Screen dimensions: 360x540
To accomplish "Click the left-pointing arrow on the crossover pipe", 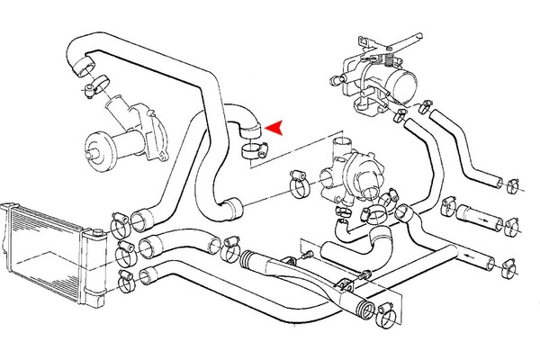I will (x=271, y=265).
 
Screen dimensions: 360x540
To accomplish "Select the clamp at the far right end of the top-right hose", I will (x=515, y=186).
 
